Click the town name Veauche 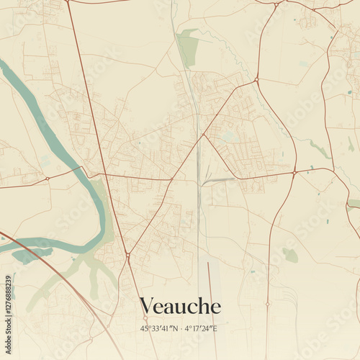click(180, 306)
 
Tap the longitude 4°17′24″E click(201, 328)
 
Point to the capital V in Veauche click(147, 306)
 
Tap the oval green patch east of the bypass click(290, 255)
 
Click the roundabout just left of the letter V click(127, 254)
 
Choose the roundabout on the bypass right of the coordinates click(267, 305)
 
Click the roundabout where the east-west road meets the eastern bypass click(294, 172)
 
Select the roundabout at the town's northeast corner click(256, 79)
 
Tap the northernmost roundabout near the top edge click(276, 5)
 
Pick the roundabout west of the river click(48, 178)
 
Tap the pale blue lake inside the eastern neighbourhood click(229, 136)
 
